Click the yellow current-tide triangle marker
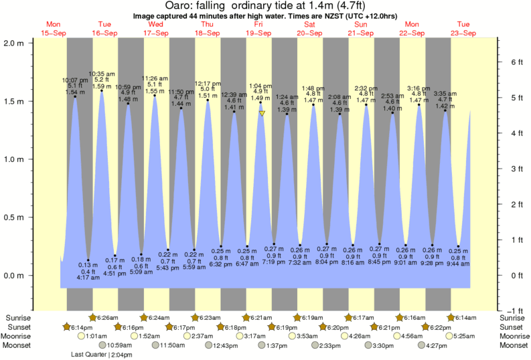click(262, 114)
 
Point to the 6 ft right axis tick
click(516, 62)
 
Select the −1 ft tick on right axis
click(516, 310)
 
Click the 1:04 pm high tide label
click(260, 86)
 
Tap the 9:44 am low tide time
click(459, 264)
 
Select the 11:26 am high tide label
click(155, 78)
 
